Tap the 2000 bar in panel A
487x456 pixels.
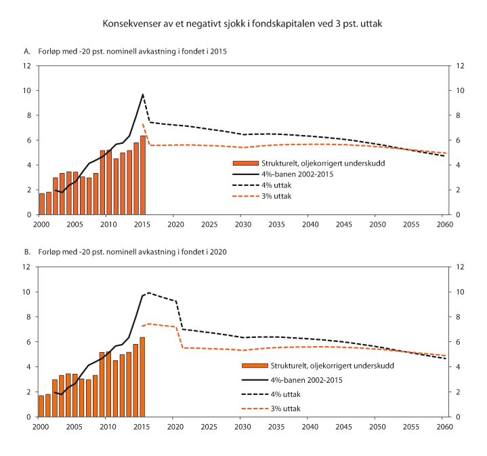click(42, 204)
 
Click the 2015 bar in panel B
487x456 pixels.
click(143, 377)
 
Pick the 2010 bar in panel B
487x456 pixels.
click(102, 384)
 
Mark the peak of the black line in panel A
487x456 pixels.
click(143, 94)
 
